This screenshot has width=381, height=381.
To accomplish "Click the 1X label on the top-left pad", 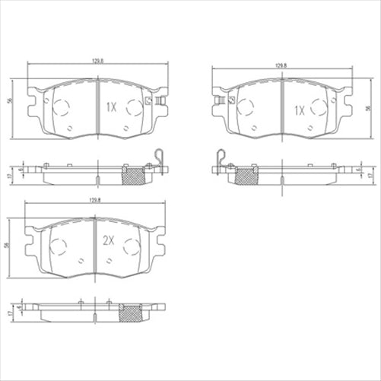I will (110, 107).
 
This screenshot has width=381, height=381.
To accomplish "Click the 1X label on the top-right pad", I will (300, 110).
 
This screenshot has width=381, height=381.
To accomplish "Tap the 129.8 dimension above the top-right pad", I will (281, 66).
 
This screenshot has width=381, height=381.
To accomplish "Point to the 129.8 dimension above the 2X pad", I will (95, 199).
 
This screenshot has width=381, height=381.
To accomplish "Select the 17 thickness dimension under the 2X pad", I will (9, 313).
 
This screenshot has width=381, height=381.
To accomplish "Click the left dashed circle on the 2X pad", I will (60, 245).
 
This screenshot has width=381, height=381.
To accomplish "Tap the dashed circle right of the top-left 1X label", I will (134, 107).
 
